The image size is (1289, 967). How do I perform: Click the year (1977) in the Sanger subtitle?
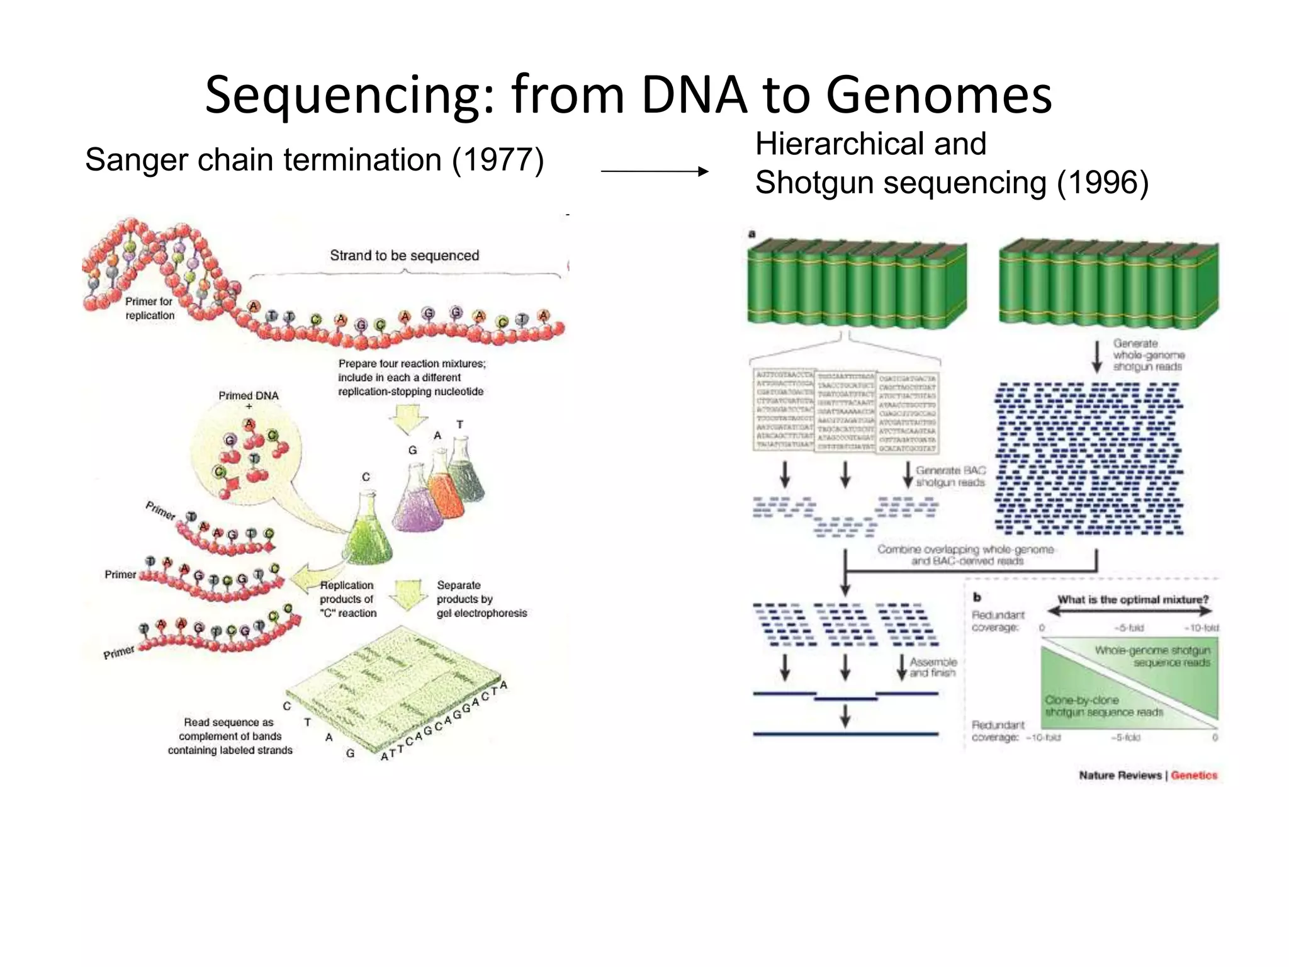click(497, 160)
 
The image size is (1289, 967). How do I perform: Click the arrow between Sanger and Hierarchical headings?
click(655, 171)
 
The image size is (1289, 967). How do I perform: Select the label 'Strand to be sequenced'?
click(404, 256)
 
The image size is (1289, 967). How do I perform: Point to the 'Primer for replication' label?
click(149, 308)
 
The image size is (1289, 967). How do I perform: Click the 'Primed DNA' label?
click(248, 395)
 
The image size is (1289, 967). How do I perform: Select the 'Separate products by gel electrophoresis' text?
click(481, 599)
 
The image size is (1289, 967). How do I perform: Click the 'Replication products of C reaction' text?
click(347, 599)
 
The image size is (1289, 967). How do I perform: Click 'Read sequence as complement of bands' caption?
click(230, 736)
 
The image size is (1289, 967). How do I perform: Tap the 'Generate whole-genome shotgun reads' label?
click(1148, 355)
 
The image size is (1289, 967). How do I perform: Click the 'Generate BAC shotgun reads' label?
click(950, 477)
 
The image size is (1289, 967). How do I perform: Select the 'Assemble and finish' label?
click(933, 667)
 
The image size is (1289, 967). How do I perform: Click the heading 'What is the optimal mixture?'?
click(1132, 599)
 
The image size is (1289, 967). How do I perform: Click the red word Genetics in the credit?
click(1193, 775)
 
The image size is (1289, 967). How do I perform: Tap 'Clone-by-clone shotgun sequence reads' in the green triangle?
click(1103, 706)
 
